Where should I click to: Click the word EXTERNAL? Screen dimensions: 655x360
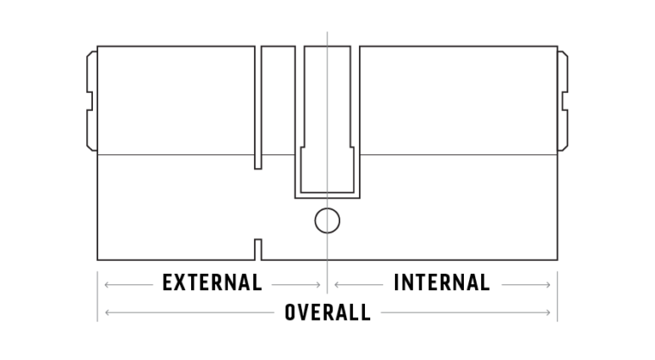(212, 282)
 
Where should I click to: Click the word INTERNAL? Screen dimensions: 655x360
(442, 282)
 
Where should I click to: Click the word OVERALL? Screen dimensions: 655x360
(327, 312)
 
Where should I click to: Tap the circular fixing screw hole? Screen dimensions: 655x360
(327, 220)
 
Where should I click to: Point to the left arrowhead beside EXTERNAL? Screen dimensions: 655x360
(107, 285)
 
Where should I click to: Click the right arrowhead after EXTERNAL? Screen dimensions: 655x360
(318, 285)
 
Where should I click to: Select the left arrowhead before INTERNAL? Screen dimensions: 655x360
(337, 285)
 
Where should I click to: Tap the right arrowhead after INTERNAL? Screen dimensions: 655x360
(548, 285)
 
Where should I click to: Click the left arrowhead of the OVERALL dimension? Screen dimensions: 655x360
(107, 312)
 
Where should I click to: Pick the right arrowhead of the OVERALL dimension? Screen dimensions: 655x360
(548, 312)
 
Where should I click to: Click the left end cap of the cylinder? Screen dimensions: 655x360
(92, 101)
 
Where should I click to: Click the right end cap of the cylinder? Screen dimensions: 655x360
(563, 101)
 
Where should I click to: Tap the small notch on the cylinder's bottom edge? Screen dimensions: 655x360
(258, 249)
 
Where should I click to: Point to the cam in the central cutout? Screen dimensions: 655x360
(327, 121)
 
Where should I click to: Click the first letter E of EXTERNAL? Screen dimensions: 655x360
(167, 282)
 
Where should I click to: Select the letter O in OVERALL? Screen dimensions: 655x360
(290, 312)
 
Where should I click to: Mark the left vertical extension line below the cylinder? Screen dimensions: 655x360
(97, 297)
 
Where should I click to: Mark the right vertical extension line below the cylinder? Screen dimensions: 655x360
(557, 297)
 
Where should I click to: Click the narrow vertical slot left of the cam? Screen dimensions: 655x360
(258, 107)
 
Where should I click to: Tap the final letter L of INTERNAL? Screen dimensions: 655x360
(485, 282)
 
